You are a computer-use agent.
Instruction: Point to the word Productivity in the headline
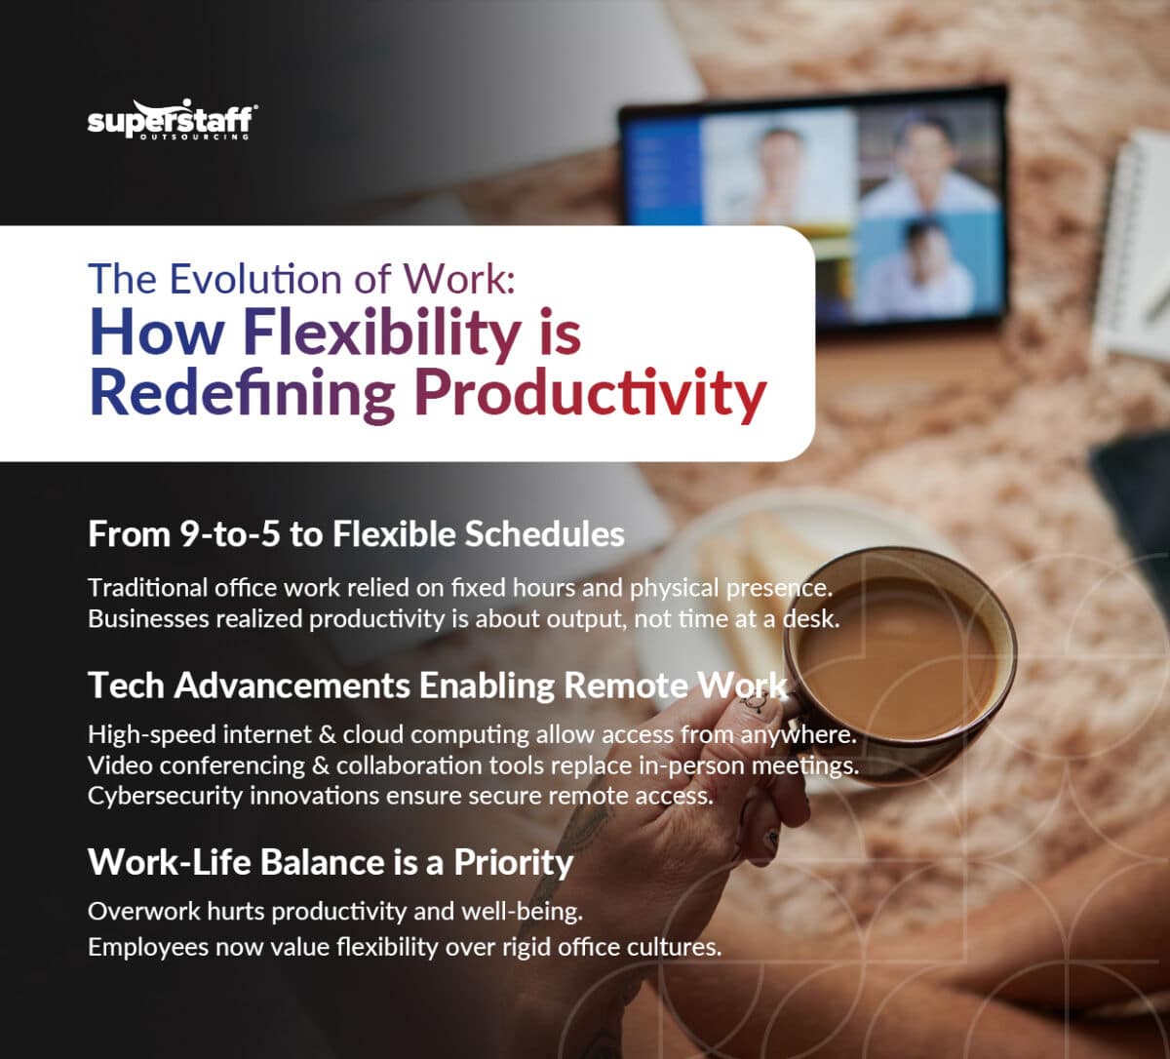590,395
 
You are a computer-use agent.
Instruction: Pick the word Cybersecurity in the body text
165,795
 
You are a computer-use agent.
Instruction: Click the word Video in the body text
118,766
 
